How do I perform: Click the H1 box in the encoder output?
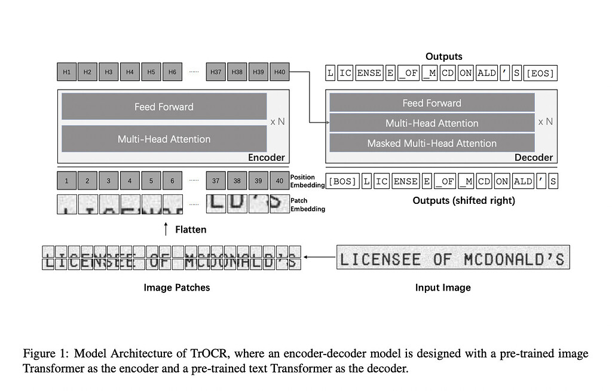(66, 72)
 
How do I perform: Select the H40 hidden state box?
(279, 72)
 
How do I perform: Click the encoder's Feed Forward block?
(164, 107)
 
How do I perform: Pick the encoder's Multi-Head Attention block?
(164, 139)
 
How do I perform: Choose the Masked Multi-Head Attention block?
(432, 143)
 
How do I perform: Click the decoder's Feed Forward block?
(432, 103)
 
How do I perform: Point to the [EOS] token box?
(540, 74)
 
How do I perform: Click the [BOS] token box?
(343, 181)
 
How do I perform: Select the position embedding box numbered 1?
(66, 181)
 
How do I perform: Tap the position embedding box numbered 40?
(279, 181)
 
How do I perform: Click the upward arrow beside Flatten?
(166, 228)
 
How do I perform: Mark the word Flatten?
(191, 228)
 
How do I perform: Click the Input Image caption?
(443, 288)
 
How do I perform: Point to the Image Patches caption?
(176, 288)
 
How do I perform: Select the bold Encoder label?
(266, 158)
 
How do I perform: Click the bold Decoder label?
(533, 158)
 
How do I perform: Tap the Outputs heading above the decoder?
(443, 56)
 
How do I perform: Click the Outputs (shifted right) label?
(463, 200)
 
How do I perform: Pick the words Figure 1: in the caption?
(46, 353)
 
